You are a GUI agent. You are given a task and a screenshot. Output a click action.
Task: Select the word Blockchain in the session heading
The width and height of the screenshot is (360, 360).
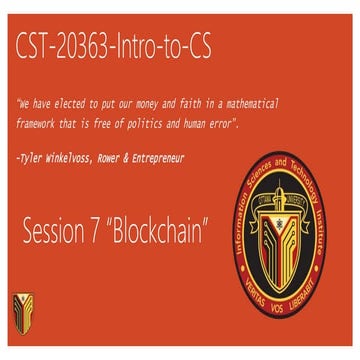coord(160,232)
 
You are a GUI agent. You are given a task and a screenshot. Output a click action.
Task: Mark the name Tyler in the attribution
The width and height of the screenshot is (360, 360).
coord(35,158)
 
